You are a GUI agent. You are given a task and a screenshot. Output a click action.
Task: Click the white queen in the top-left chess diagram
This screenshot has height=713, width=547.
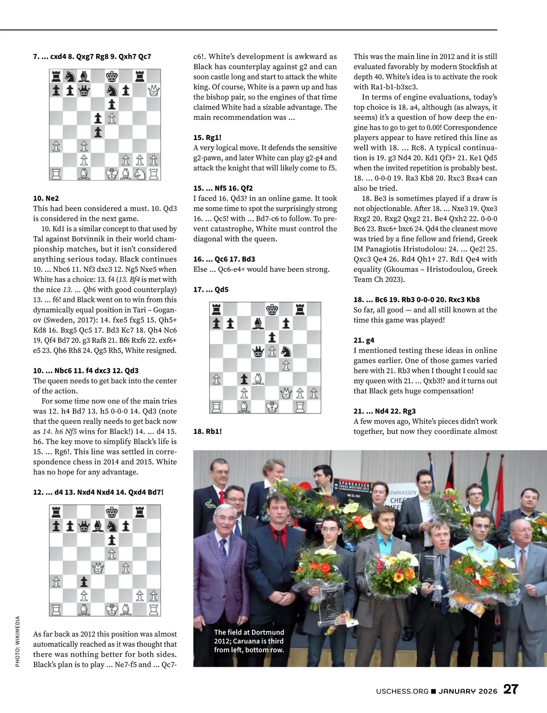(154, 90)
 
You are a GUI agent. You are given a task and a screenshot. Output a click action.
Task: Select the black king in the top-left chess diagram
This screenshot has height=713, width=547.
(112, 76)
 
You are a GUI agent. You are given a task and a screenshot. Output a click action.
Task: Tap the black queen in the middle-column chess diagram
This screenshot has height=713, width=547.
(258, 351)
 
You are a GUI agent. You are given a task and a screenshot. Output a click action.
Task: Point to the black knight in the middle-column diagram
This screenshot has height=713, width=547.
(286, 351)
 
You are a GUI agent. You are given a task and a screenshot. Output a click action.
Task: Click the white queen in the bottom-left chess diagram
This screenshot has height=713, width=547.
(98, 568)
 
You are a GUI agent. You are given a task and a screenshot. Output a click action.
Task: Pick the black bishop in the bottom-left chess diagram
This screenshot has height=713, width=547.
(98, 527)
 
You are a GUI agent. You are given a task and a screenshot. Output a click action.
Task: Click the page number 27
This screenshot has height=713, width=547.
(511, 689)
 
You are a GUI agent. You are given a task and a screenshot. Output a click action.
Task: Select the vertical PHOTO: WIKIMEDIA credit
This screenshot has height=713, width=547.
(17, 641)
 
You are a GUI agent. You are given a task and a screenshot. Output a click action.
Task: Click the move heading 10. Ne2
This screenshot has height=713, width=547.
(46, 198)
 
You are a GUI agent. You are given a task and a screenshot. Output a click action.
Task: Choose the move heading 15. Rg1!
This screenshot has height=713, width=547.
(207, 137)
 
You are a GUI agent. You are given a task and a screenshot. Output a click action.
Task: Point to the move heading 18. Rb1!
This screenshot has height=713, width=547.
(207, 431)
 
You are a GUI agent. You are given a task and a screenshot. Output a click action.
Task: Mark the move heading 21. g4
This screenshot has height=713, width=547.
(364, 340)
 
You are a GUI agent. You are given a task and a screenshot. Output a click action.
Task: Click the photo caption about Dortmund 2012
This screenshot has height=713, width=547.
(249, 641)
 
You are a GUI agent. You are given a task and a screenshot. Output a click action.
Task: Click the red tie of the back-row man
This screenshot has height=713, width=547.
(222, 497)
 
